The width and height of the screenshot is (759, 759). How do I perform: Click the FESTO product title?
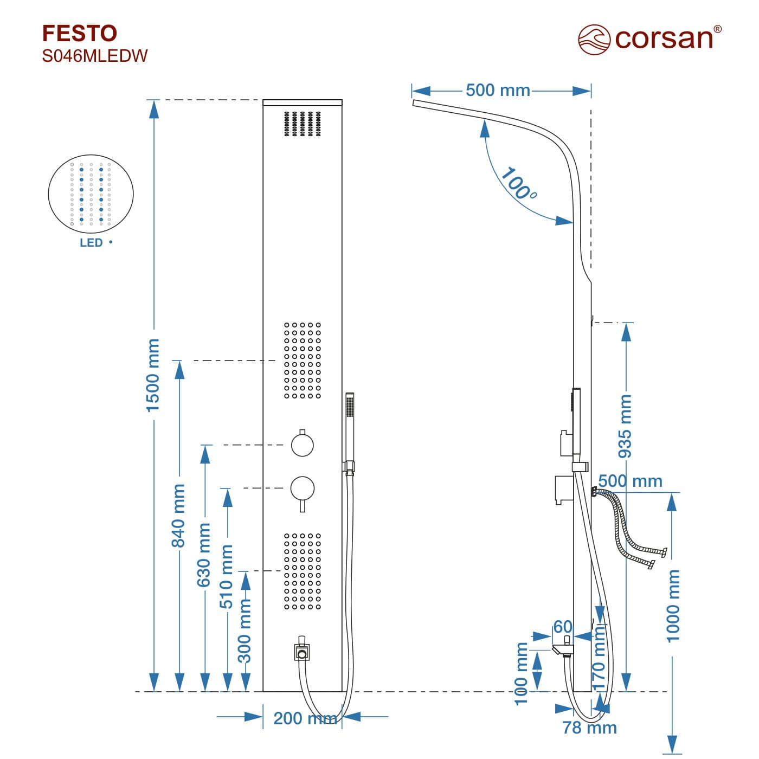pyautogui.click(x=80, y=34)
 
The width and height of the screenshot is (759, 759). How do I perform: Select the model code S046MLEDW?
pyautogui.click(x=95, y=56)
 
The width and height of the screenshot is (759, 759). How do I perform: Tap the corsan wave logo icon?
pyautogui.click(x=594, y=39)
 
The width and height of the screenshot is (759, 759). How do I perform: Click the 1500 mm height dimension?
pyautogui.click(x=153, y=375)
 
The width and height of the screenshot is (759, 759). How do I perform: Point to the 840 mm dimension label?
pyautogui.click(x=178, y=516)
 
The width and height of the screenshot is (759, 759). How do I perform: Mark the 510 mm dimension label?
pyautogui.click(x=227, y=577)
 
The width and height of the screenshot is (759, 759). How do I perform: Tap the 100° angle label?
pyautogui.click(x=517, y=184)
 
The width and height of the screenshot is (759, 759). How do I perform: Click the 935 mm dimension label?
pyautogui.click(x=626, y=426)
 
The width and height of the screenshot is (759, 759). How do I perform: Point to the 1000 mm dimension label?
pyautogui.click(x=673, y=606)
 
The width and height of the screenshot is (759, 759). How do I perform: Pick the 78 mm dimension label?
pyautogui.click(x=589, y=728)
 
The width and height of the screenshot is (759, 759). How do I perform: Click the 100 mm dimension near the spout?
pyautogui.click(x=521, y=674)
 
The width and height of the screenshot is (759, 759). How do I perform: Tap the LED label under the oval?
pyautogui.click(x=91, y=243)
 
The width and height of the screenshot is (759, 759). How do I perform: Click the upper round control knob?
pyautogui.click(x=302, y=445)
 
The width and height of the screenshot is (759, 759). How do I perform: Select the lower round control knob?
pyautogui.click(x=302, y=488)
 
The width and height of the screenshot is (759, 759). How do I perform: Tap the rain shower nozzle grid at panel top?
pyautogui.click(x=303, y=124)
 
